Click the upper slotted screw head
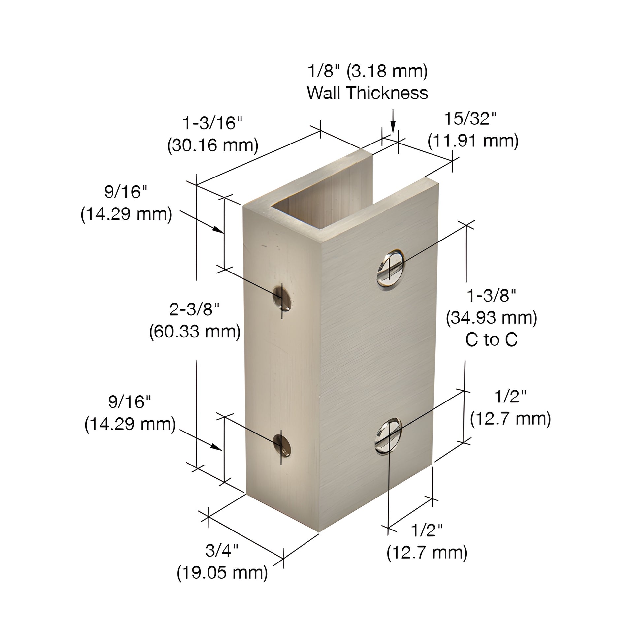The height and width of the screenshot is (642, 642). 391,270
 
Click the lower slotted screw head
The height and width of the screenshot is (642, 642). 388,435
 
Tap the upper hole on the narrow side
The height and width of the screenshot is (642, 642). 282,297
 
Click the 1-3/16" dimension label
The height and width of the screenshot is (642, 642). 213,123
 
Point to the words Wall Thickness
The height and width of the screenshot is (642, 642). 367,93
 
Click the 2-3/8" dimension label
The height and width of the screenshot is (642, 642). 194,310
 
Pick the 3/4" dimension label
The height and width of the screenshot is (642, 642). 222,551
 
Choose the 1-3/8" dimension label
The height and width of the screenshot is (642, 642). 492,295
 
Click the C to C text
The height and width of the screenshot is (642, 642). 492,339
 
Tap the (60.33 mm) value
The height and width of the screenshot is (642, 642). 195,332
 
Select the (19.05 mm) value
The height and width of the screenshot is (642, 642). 222,572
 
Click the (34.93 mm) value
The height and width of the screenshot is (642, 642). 492,318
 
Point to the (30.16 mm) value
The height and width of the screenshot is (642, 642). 213,145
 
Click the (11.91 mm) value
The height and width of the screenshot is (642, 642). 473,141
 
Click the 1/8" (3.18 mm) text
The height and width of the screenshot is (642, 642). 368,71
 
